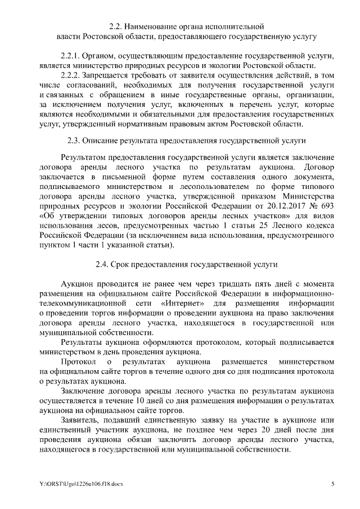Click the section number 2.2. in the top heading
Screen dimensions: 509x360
[115, 26]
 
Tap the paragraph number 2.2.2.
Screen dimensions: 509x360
[71, 74]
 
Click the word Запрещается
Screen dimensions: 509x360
[107, 74]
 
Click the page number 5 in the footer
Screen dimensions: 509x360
[332, 484]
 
